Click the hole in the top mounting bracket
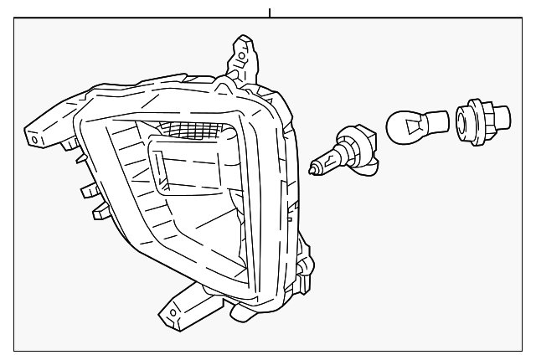coord(242,58)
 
